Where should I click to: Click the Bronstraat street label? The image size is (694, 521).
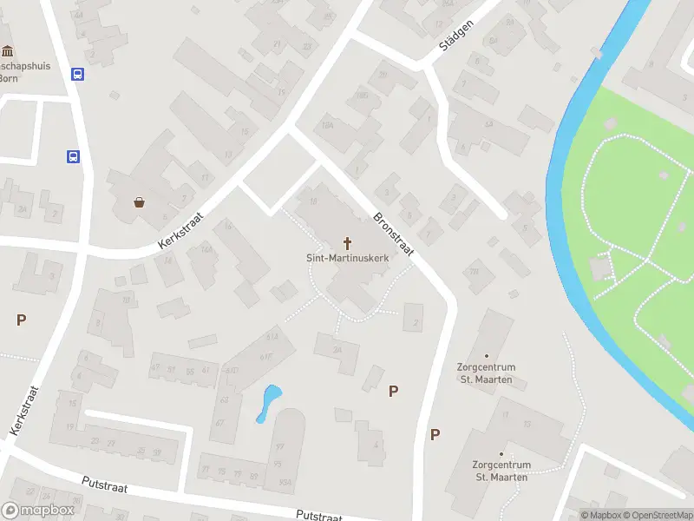394,234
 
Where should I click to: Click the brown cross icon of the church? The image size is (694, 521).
348,242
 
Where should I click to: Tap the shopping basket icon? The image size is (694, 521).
139,202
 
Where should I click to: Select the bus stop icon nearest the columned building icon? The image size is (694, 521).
77,75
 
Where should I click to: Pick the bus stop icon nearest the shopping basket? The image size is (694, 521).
74,157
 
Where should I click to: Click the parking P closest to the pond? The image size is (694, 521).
393,391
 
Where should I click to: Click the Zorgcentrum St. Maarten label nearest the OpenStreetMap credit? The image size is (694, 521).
501,470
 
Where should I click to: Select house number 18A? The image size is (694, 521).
327,126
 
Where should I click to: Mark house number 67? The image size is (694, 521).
220,423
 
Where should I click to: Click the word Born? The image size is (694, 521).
8,76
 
